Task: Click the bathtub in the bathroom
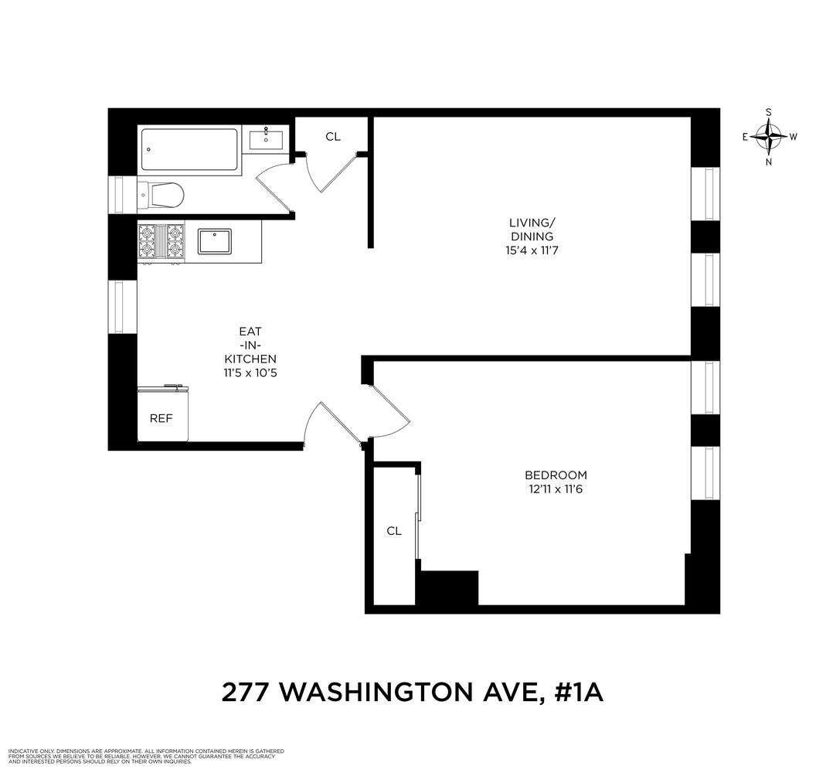coord(189,150)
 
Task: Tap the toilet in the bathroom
coord(161,196)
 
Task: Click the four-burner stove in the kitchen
coord(161,242)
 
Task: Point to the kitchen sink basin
coord(215,241)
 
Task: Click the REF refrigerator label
coord(161,418)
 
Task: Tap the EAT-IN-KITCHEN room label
coord(250,345)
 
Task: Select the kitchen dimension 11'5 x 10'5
coord(250,373)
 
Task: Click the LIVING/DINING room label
coord(532,230)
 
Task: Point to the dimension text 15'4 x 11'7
coord(532,250)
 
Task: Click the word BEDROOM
coord(556,475)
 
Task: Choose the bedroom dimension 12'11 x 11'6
coord(556,489)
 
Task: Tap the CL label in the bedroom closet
coord(394,531)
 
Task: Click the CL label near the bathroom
coord(333,137)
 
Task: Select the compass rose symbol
coord(769,137)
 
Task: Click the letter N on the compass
coord(769,162)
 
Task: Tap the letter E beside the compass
coord(745,137)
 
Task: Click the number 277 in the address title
coord(245,693)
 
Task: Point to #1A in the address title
coord(579,693)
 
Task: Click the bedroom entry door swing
coord(390,411)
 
